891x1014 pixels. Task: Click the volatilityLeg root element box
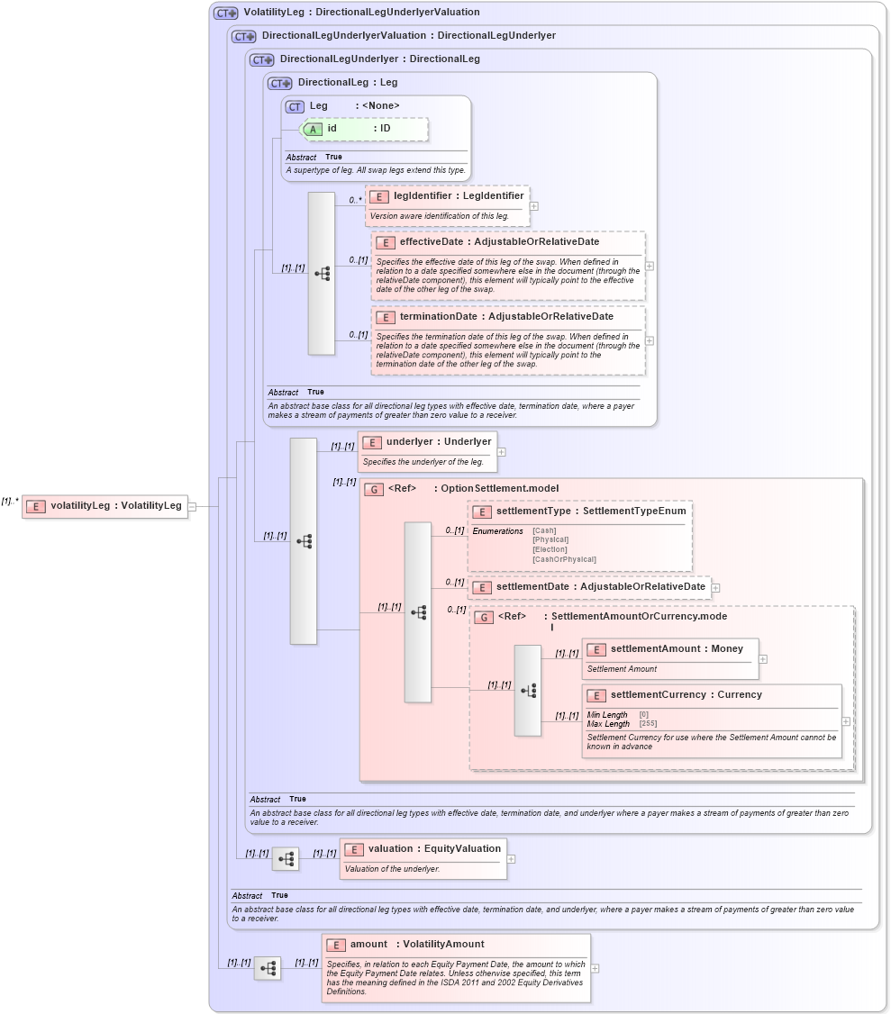click(105, 506)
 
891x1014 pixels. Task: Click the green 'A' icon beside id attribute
click(313, 129)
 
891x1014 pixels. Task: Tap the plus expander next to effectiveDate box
click(650, 266)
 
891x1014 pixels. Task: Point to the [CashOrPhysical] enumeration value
click(564, 559)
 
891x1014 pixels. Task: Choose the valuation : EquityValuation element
click(433, 848)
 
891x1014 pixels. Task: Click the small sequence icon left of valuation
click(286, 859)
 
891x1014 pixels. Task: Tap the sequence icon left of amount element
click(268, 969)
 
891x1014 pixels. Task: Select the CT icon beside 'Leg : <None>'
click(295, 106)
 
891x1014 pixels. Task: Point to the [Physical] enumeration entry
click(550, 539)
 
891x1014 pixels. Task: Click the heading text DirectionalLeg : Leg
click(348, 82)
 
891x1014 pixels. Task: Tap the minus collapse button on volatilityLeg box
click(192, 506)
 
